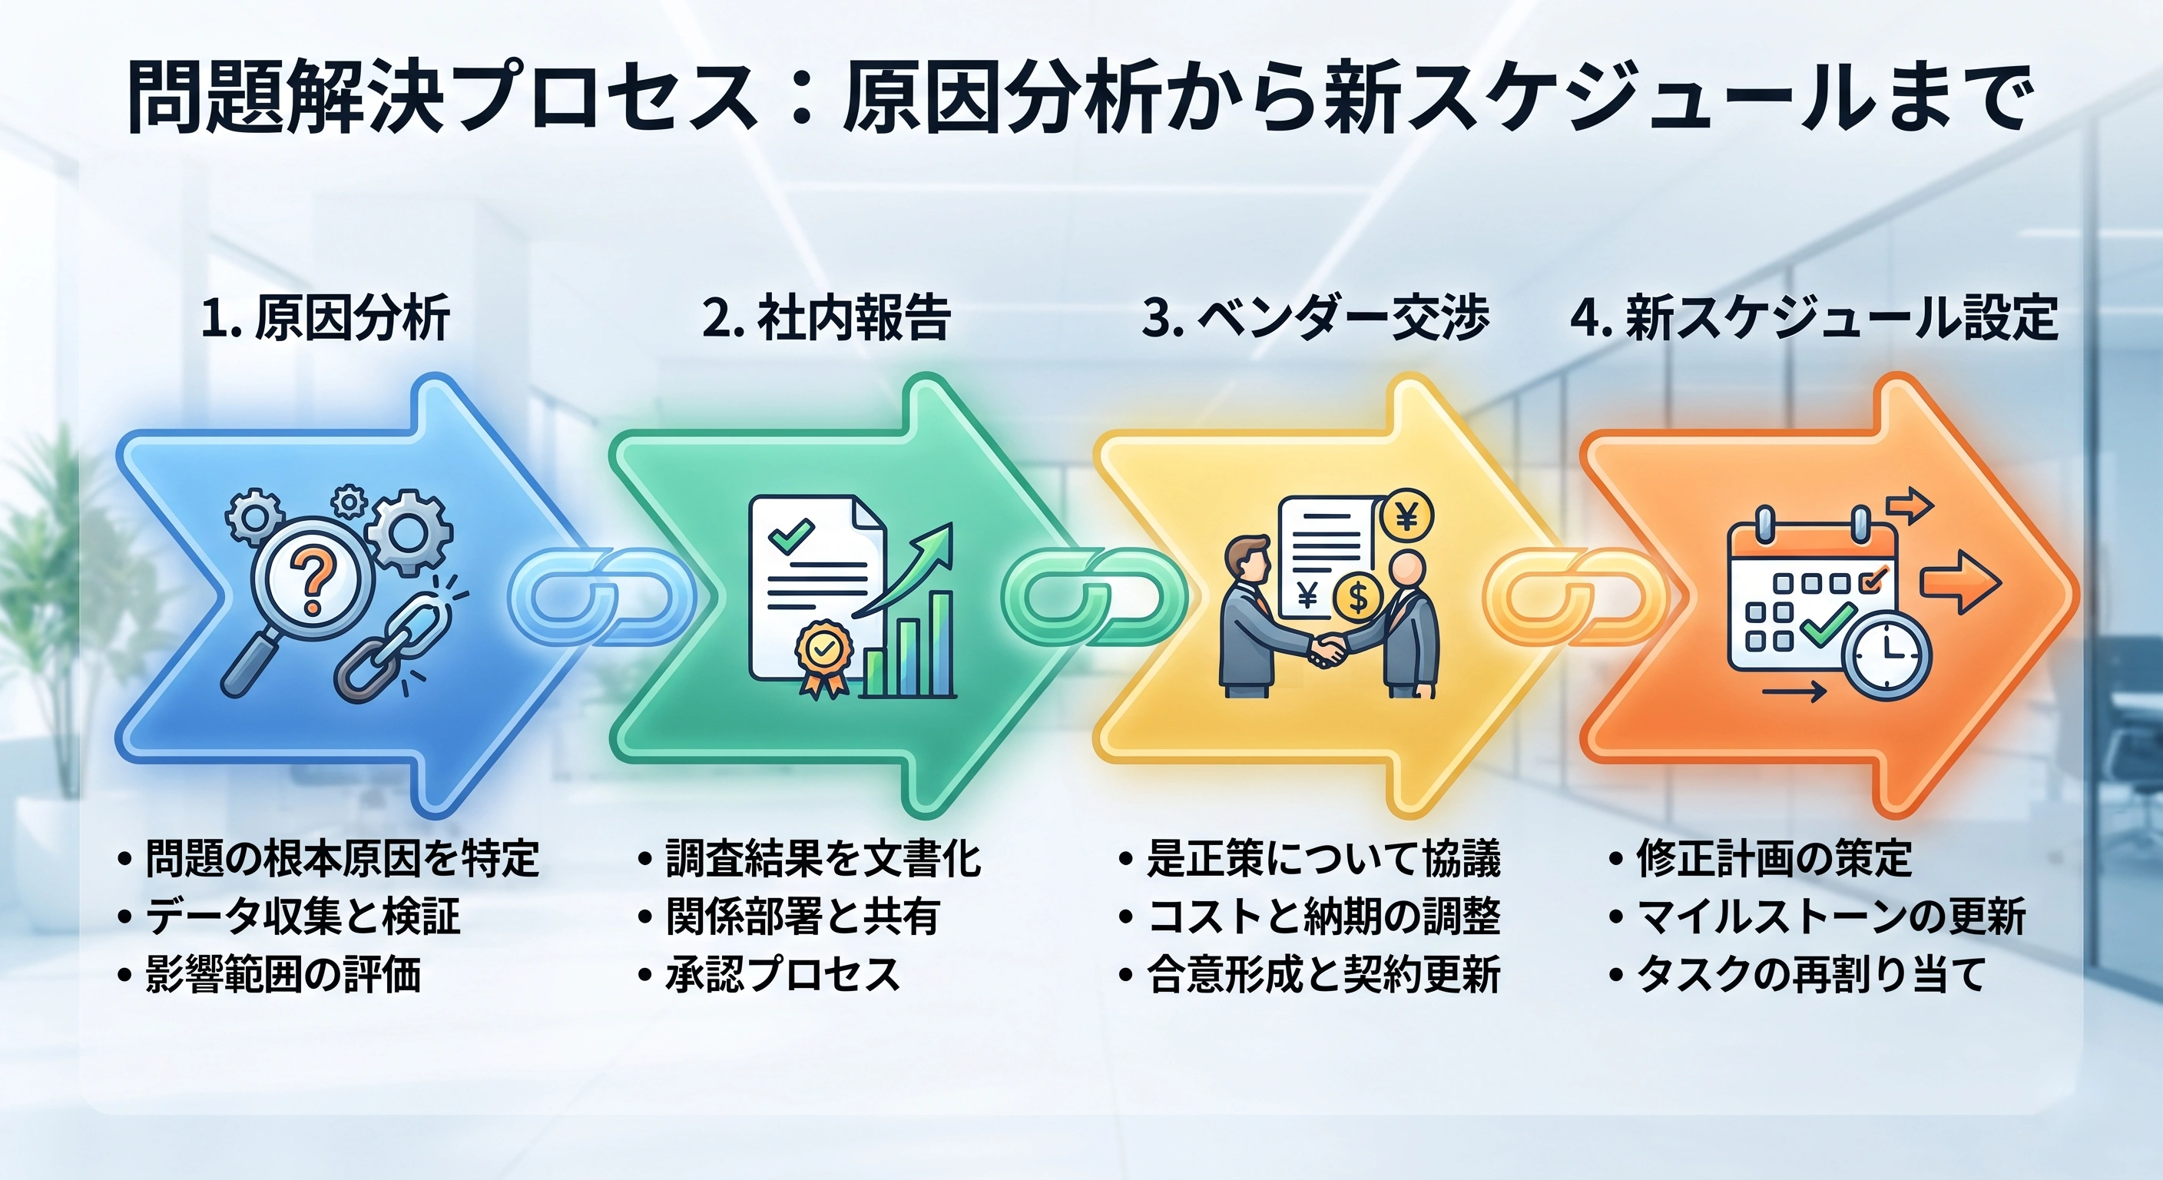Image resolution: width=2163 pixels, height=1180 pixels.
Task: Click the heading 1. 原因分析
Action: [x=326, y=318]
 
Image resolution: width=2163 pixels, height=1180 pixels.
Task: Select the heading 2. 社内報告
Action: [x=826, y=318]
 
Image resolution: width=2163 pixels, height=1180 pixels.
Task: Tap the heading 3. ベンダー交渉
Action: [x=1315, y=318]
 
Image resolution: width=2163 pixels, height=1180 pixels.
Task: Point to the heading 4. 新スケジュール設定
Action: [x=1814, y=318]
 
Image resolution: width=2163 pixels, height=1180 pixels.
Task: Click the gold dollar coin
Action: [x=1358, y=596]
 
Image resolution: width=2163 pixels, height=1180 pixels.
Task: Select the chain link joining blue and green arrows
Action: [x=601, y=596]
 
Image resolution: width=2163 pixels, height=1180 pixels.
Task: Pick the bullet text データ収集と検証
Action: [x=303, y=916]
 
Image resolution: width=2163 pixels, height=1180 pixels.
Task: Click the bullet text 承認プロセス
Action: [x=783, y=974]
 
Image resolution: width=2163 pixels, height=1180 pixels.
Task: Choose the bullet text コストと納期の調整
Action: [x=1323, y=916]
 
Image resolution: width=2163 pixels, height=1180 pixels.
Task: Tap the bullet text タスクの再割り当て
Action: [x=1810, y=974]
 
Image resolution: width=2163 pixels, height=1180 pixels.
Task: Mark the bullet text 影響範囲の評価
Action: [x=283, y=974]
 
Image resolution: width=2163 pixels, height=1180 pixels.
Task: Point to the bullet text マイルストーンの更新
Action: [x=1831, y=916]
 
